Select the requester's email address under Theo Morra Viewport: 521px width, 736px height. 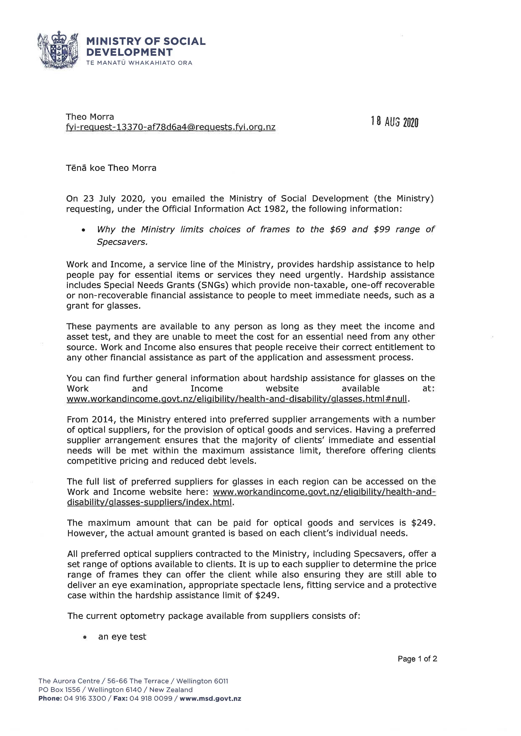[x=171, y=127]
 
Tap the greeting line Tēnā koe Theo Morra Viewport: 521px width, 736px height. [x=111, y=168]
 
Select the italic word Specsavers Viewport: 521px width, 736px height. [x=122, y=242]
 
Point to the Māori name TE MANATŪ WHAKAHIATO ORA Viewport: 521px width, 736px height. [x=139, y=63]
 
